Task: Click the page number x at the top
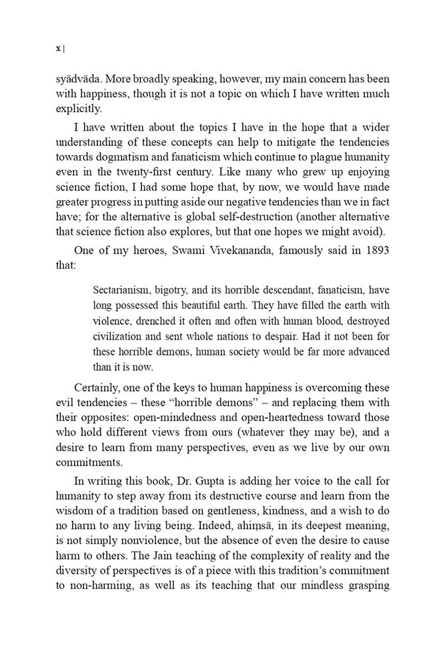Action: click(58, 48)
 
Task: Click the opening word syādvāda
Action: click(80, 79)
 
